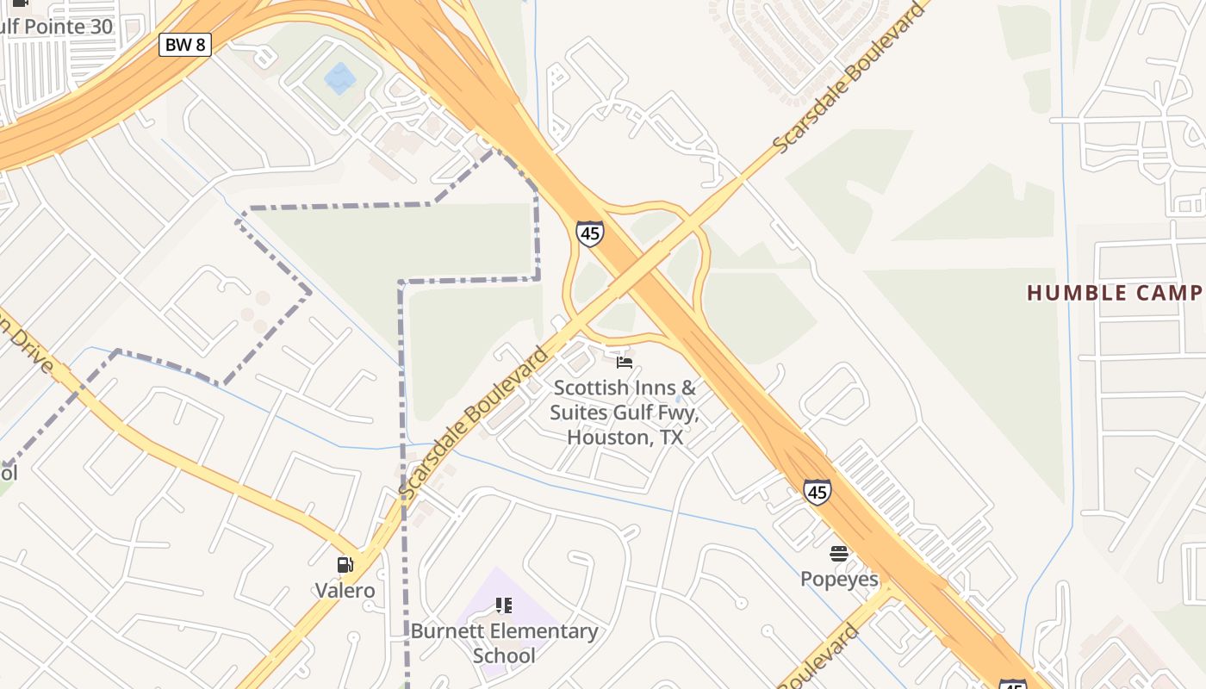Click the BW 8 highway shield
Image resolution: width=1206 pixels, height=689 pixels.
(185, 45)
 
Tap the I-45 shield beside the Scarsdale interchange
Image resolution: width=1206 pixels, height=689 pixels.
(589, 233)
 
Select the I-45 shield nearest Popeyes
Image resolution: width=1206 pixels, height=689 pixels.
(817, 492)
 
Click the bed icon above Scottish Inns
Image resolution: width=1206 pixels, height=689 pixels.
(625, 363)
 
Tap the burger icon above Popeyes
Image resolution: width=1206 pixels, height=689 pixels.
(839, 554)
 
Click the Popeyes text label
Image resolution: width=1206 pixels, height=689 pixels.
(839, 579)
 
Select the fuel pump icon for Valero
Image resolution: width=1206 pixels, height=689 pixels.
(345, 565)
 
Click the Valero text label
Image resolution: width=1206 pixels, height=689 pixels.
(345, 590)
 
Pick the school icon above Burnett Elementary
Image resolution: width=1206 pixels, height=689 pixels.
(504, 605)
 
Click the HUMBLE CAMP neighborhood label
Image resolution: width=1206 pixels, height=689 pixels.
(1115, 293)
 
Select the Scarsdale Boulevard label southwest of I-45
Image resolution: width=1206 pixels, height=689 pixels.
(474, 422)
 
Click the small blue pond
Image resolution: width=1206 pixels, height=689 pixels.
(339, 78)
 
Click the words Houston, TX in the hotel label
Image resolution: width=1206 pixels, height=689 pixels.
(625, 438)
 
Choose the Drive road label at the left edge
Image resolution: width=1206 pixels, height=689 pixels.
(26, 344)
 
